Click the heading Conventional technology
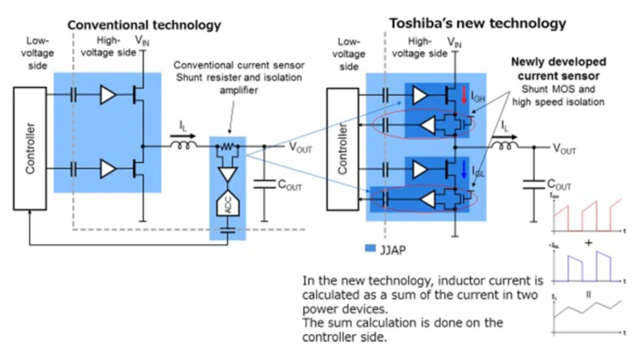[x=144, y=25]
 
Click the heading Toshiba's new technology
[x=478, y=23]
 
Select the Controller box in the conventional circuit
[x=31, y=148]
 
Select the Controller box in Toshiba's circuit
[x=342, y=149]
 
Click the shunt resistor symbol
[x=228, y=146]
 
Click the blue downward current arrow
[x=463, y=170]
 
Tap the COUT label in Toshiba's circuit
[x=559, y=185]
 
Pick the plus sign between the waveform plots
[x=589, y=243]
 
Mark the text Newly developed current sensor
[x=558, y=69]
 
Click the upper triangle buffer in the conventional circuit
[x=108, y=95]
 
